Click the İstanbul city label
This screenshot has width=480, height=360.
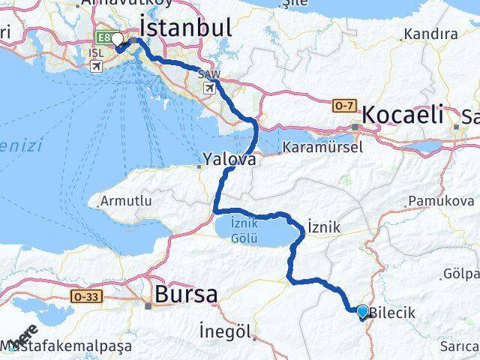186,28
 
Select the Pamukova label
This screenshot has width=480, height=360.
441,201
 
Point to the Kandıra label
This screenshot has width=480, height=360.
430,34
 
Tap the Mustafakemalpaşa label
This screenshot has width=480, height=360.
71,346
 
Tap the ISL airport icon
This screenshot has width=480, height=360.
96,66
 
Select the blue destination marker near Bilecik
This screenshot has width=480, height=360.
363,311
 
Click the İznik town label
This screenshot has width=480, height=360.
324,226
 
